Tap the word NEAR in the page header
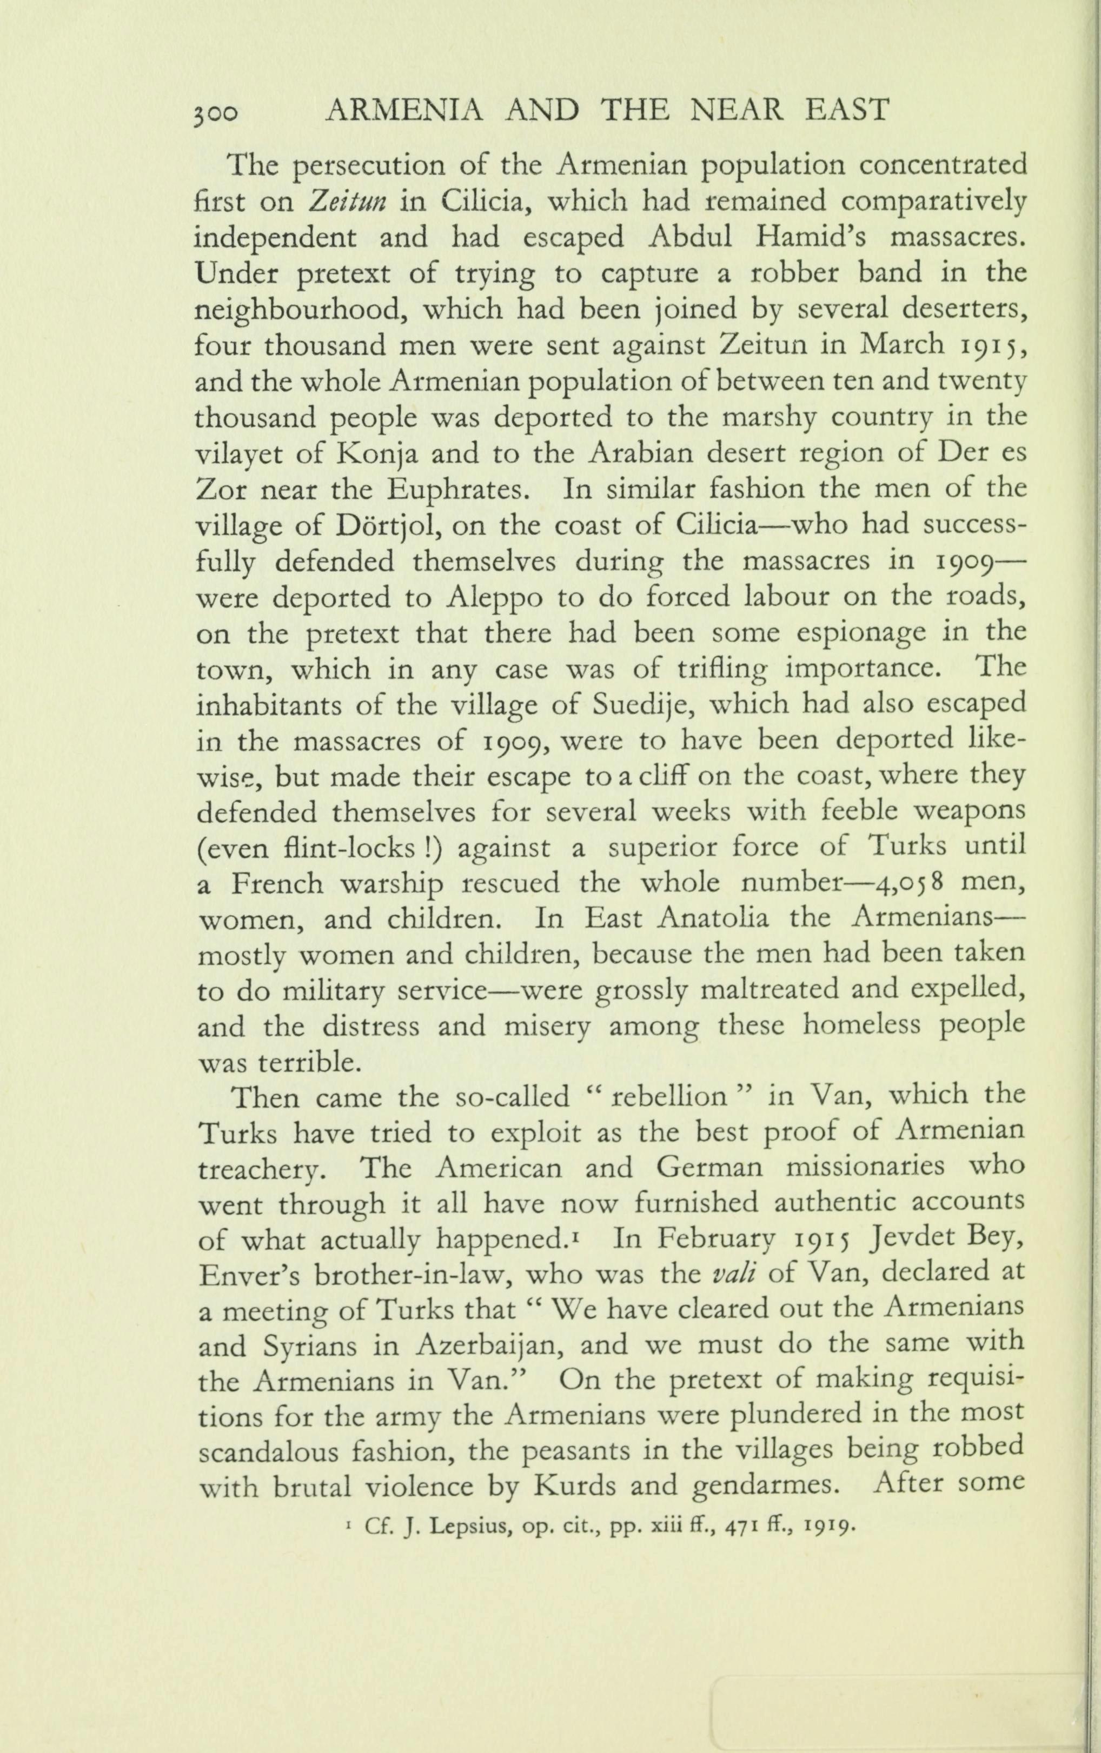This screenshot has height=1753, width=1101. coord(733,110)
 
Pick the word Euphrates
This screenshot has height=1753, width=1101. coord(455,489)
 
